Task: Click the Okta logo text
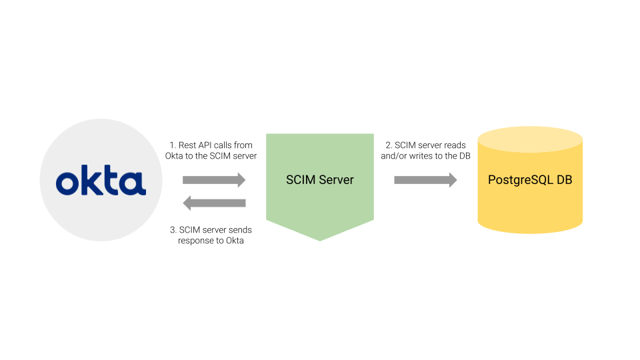tap(101, 182)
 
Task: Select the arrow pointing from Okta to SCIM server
tap(214, 180)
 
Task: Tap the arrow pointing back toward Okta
tap(214, 203)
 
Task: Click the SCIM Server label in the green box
tap(320, 180)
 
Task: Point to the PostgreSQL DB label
tap(530, 180)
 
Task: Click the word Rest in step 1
tap(188, 145)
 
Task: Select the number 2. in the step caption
tap(389, 145)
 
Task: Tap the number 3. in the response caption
tap(173, 230)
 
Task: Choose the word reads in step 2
tap(455, 145)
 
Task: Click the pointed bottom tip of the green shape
tap(320, 239)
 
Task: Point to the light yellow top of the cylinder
tap(530, 139)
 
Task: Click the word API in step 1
tap(207, 145)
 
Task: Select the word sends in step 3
tap(241, 230)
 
